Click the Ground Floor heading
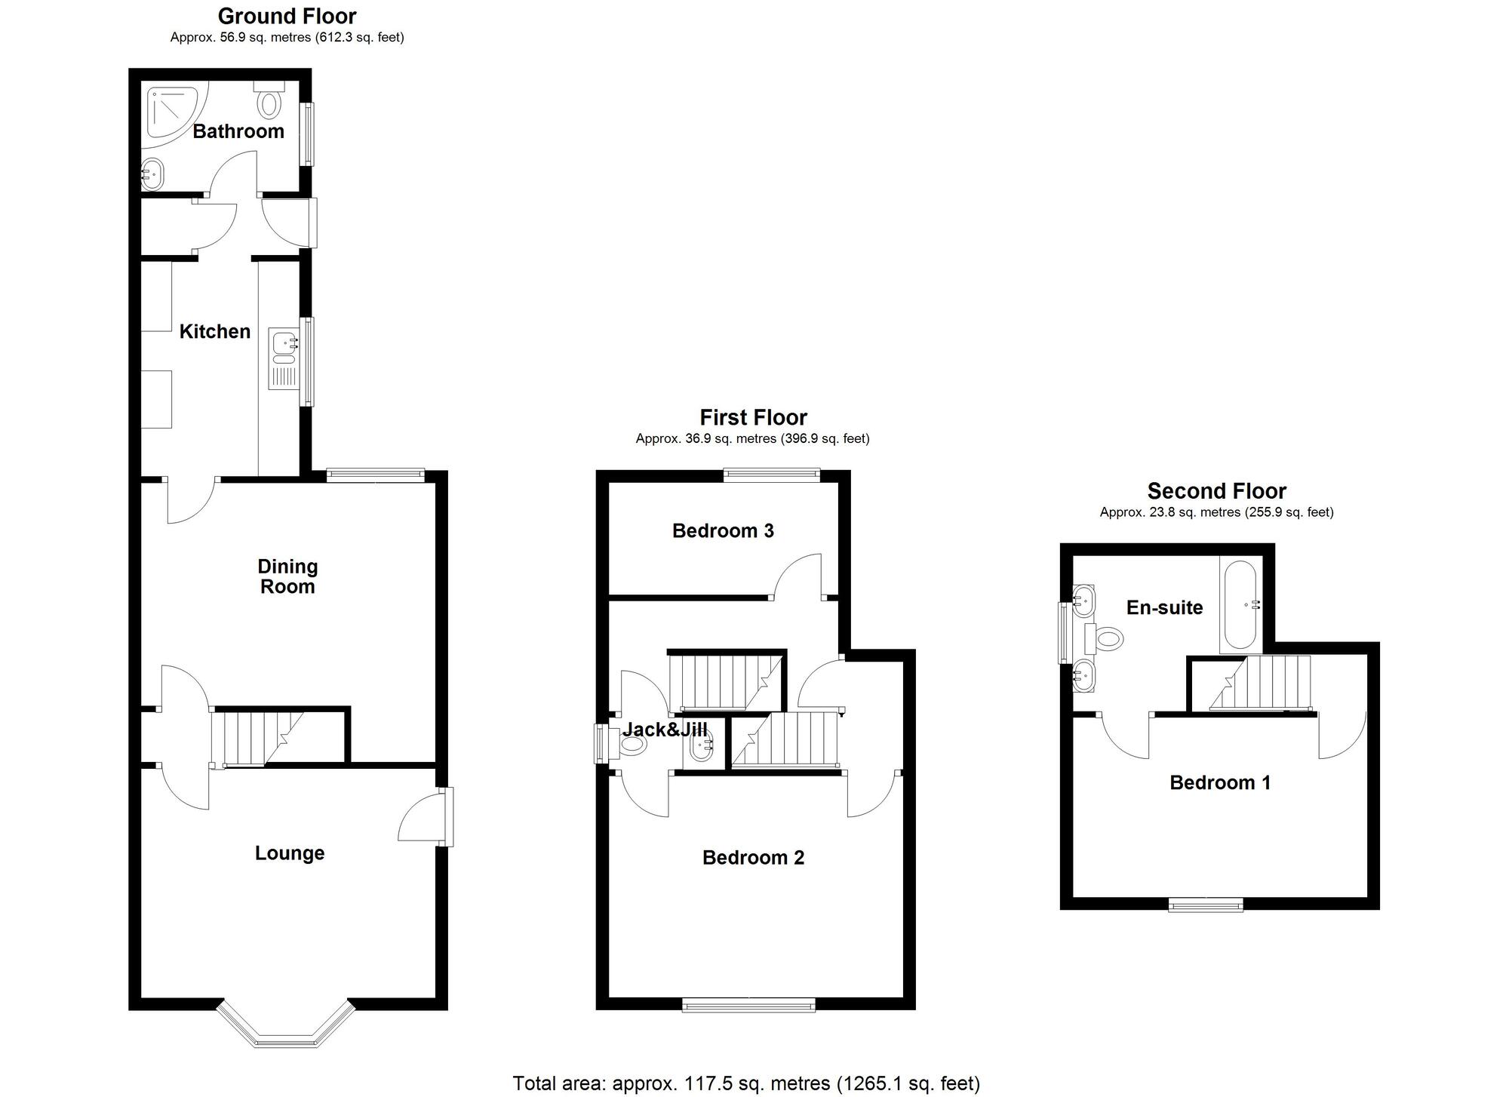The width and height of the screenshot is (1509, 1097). pos(287,16)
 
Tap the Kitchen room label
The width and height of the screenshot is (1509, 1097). pos(215,331)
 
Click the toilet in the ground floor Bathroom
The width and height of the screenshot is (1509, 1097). pos(269,99)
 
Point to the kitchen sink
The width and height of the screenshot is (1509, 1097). pos(284,360)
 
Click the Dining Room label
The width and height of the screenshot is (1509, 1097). pos(287,576)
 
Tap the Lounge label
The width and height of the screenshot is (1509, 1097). pos(290,853)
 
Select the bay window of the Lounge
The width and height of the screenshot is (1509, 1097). pos(286,1025)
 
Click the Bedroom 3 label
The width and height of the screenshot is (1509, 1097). pos(723,530)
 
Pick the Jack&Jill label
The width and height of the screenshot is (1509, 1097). pos(665,729)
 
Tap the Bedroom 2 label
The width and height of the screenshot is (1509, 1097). pos(753,857)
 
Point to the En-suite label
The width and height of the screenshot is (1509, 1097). pos(1164,607)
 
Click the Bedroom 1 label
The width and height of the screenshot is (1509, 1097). pos(1220,782)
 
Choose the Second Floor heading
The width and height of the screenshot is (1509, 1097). pos(1216,491)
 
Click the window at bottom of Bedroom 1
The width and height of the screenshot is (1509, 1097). pos(1206,905)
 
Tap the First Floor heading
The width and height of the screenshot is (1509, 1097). pos(753,417)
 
